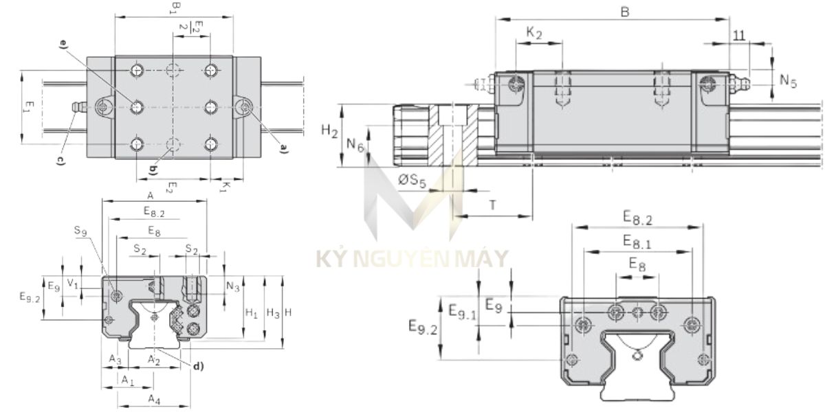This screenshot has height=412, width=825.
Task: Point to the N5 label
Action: pos(788,81)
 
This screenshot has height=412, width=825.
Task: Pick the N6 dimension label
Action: pos(355,144)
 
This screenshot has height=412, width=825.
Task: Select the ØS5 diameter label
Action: pos(413,181)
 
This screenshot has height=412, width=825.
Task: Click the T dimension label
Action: pos(493,204)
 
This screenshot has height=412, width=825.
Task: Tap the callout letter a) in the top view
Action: pos(284,146)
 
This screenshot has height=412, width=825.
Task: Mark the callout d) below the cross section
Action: pos(198,366)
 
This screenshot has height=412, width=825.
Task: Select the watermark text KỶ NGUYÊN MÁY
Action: pos(412,260)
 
